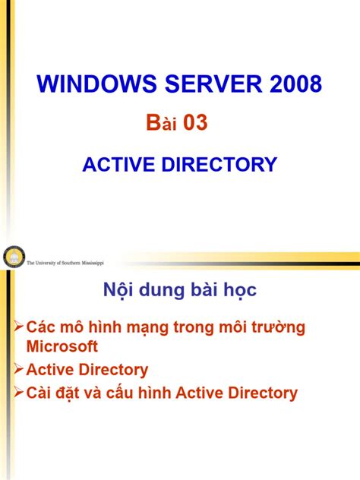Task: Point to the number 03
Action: [x=191, y=122]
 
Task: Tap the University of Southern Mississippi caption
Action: [x=65, y=262]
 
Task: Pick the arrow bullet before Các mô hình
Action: [x=19, y=327]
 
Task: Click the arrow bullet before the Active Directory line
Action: [x=19, y=369]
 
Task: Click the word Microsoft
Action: [x=62, y=347]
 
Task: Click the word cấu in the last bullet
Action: [x=134, y=393]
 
